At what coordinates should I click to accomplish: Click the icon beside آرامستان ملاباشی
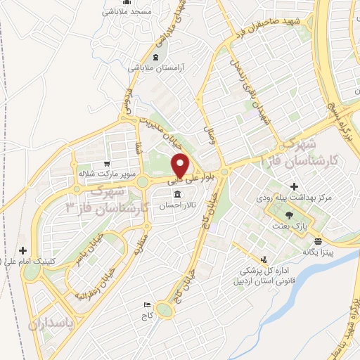(155, 56)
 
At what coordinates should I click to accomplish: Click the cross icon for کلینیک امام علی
(23, 250)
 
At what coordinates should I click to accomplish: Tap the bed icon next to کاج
(146, 304)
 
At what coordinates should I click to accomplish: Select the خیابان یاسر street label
(91, 245)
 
